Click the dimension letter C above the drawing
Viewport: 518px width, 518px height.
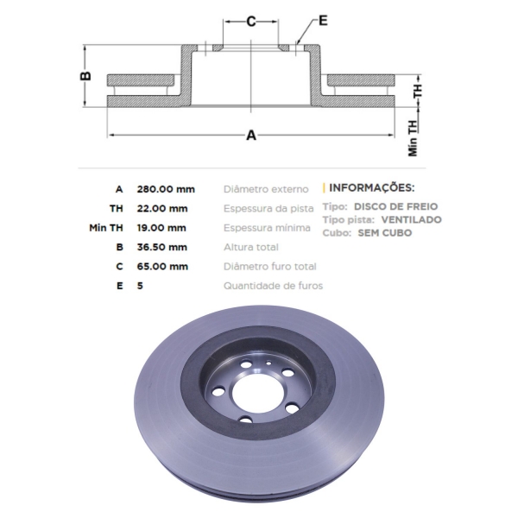coord(251,22)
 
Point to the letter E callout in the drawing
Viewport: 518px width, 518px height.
coord(323,21)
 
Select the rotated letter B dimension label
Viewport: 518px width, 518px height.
coord(85,76)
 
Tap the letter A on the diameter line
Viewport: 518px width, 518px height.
coord(251,136)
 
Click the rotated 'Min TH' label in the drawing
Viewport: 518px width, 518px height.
coord(413,138)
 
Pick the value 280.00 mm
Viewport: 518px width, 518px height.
coord(166,189)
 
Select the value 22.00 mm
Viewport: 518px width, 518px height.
coord(162,208)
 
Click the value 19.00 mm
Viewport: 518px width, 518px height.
coord(161,228)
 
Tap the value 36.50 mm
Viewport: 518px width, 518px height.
coord(162,247)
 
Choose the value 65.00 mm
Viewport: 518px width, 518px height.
coord(162,266)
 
